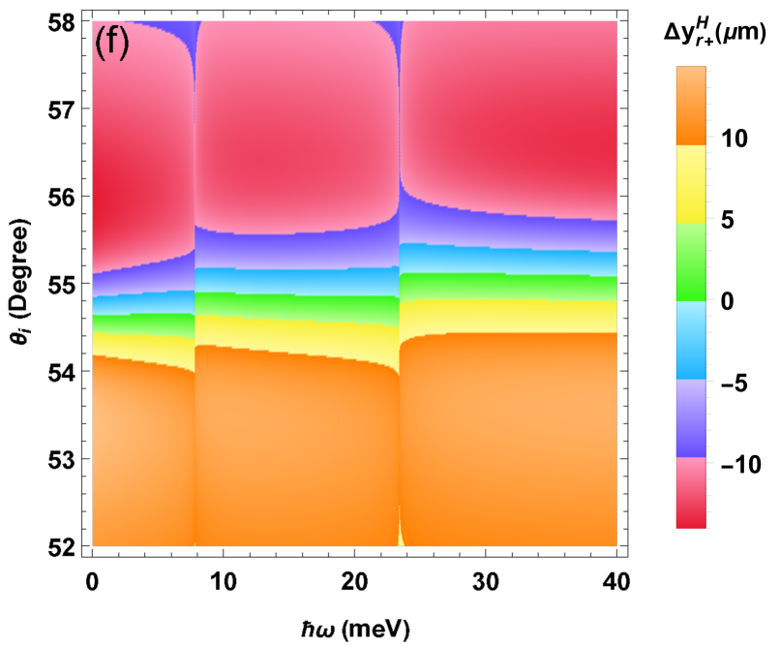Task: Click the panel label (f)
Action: pos(111,43)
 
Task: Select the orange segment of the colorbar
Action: pos(690,106)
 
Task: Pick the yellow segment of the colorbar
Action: pos(690,184)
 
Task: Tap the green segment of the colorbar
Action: pos(690,261)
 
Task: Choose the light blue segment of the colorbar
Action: pos(690,340)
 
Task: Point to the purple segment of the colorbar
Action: pos(690,418)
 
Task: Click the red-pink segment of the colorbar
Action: pos(690,493)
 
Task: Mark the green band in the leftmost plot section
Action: pos(143,322)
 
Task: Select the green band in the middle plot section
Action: pos(296,305)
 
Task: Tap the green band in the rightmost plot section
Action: pos(508,287)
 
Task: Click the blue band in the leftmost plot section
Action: pos(143,303)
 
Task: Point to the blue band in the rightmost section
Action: pos(508,260)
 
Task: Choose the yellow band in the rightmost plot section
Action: pos(508,316)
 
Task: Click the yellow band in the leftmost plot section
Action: pos(143,345)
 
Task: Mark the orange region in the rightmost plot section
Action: pos(508,436)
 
